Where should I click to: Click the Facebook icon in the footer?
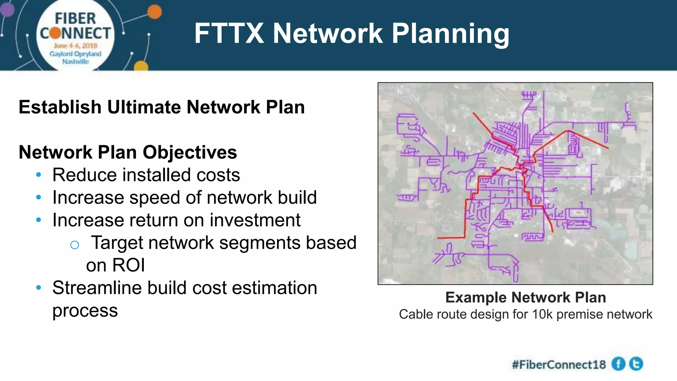pyautogui.click(x=618, y=364)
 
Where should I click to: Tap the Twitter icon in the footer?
pyautogui.click(x=636, y=364)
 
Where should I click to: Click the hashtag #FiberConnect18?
pyautogui.click(x=559, y=364)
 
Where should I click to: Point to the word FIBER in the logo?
pyautogui.click(x=75, y=19)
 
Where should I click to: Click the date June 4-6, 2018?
pyautogui.click(x=75, y=46)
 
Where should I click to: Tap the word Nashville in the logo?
pyautogui.click(x=75, y=62)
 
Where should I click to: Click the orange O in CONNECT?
pyautogui.click(x=56, y=33)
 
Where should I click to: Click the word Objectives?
pyautogui.click(x=190, y=153)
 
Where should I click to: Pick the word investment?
pyautogui.click(x=255, y=220)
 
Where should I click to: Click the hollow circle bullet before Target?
pyautogui.click(x=75, y=245)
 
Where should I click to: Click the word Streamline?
pyautogui.click(x=97, y=288)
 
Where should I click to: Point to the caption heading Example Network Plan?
pyautogui.click(x=526, y=297)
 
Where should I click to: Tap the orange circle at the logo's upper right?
pyautogui.click(x=154, y=12)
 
